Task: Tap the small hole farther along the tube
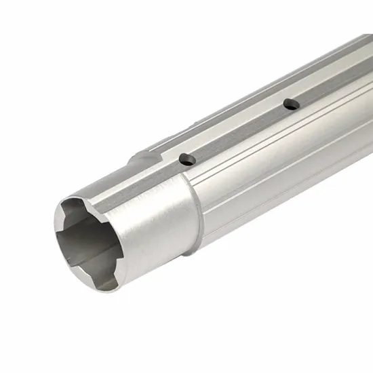coord(291,104)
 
